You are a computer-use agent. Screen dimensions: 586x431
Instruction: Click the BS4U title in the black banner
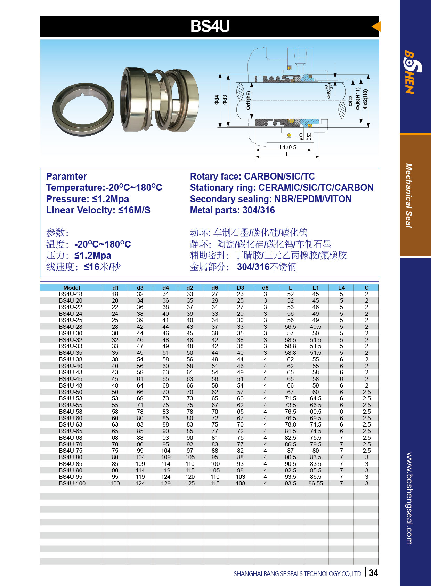coord(210,26)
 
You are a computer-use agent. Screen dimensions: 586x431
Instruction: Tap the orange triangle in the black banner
coord(376,26)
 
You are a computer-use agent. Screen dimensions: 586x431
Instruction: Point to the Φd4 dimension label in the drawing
coord(217,100)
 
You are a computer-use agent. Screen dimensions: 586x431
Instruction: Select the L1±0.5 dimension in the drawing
coord(288,147)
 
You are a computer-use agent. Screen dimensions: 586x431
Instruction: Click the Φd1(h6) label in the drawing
coord(248,101)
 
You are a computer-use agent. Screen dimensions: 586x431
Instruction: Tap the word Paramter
coord(66,176)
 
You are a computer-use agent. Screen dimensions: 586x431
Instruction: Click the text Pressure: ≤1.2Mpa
coord(87,199)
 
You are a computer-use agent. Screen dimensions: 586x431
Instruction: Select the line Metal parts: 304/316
coord(232,210)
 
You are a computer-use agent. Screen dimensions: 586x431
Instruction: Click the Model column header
coord(72,288)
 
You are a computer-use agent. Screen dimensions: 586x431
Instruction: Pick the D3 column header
coord(240,288)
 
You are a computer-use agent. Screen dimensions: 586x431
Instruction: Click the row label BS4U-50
coord(71,392)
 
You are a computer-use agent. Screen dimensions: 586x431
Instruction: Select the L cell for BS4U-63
coord(290,424)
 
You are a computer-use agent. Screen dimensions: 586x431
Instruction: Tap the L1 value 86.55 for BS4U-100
coord(315,483)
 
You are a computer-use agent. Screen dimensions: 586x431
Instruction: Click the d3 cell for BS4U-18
coord(140,294)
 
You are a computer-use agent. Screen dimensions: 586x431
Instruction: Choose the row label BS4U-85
coord(71,464)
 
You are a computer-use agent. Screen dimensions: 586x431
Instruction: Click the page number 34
coord(373,573)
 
